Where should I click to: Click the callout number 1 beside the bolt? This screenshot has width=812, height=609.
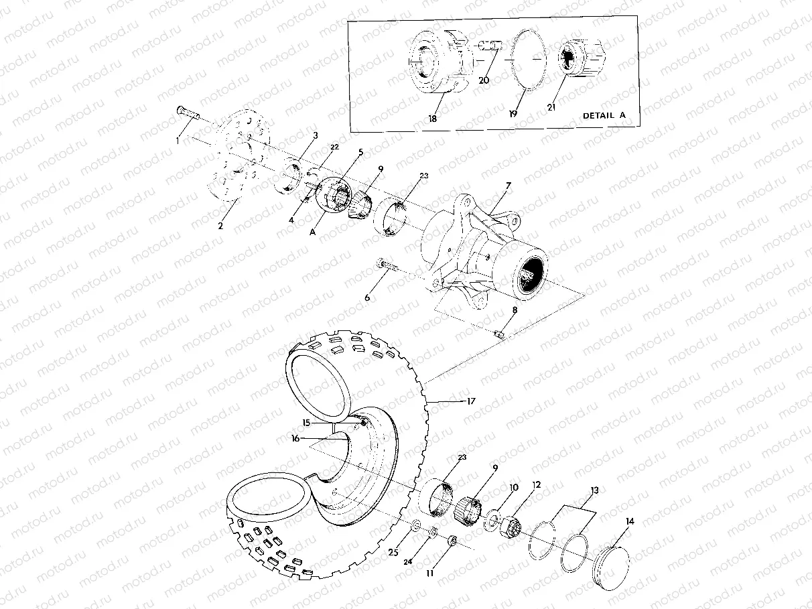(x=178, y=141)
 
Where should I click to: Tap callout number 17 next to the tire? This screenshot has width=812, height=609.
(x=471, y=401)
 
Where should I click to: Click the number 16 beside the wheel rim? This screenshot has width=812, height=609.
(x=295, y=438)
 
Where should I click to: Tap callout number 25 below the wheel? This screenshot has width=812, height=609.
(x=393, y=552)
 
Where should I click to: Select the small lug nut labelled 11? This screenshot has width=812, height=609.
(x=452, y=539)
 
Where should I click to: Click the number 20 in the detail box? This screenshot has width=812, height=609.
(x=484, y=80)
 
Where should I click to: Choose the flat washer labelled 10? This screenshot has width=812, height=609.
(x=492, y=518)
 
